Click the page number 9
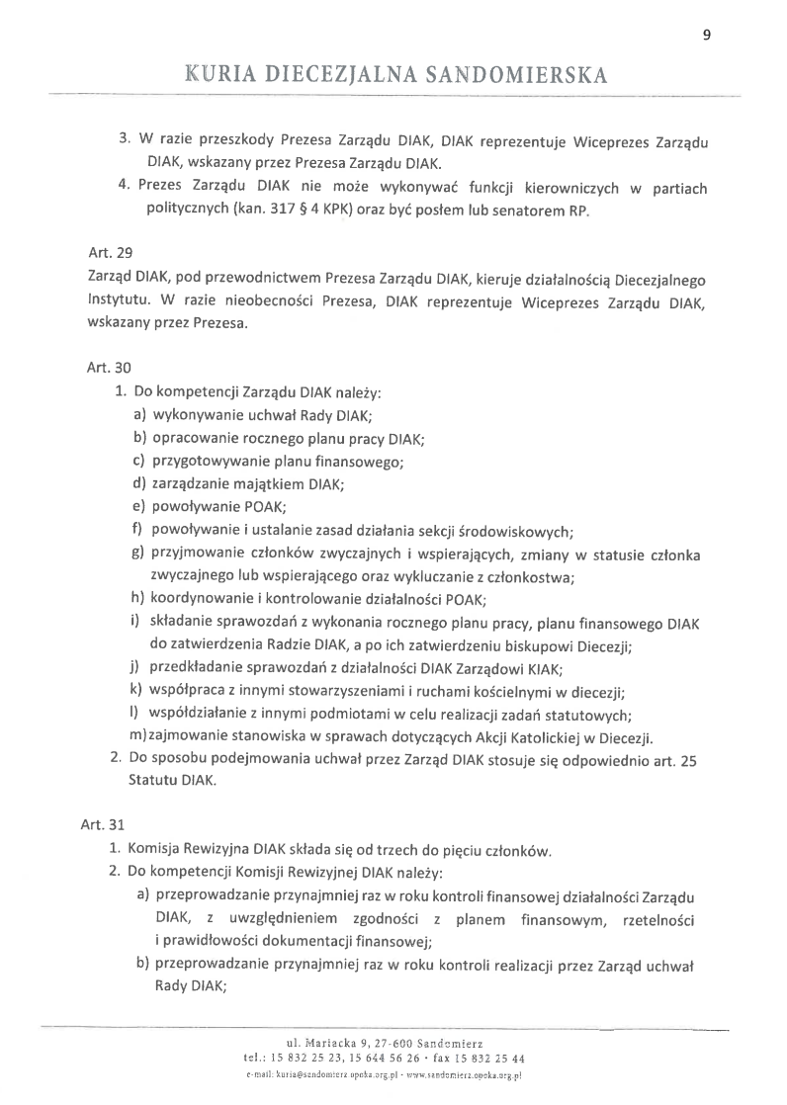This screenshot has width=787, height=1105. click(706, 35)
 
